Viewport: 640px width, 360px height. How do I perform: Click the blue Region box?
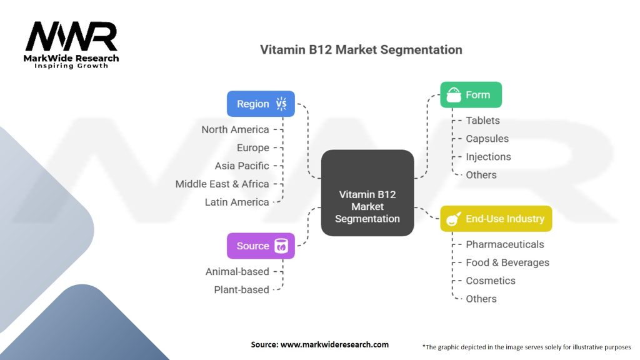(x=261, y=104)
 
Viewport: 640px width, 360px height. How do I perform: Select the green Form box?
(x=471, y=95)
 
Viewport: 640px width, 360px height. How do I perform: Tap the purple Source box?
(x=261, y=246)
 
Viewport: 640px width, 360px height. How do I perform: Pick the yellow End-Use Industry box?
(x=496, y=219)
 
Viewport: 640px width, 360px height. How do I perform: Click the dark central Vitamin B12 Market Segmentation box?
(x=367, y=192)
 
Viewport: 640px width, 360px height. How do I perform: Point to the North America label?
(x=235, y=129)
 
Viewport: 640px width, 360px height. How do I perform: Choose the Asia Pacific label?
(x=242, y=166)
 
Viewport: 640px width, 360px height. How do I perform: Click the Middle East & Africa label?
(x=222, y=184)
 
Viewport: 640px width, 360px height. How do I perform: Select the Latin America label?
(x=237, y=202)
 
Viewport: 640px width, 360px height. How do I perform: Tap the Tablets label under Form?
(x=483, y=121)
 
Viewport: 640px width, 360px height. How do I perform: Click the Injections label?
(x=488, y=157)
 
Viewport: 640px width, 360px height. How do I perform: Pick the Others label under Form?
(x=481, y=175)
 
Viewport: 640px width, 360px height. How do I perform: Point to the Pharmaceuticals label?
(x=505, y=244)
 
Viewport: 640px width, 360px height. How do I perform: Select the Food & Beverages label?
(x=507, y=262)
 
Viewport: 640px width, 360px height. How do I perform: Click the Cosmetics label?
(x=491, y=281)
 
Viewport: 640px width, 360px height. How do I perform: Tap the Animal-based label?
(x=237, y=271)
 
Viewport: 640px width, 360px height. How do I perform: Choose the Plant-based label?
(x=241, y=290)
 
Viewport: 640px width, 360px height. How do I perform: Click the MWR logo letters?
(x=71, y=36)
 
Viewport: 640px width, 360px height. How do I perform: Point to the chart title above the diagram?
(x=361, y=50)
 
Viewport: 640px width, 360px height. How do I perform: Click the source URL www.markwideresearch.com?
(x=335, y=344)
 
